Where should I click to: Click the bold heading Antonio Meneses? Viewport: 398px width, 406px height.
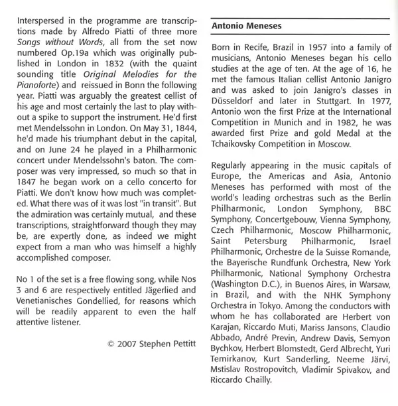(245, 26)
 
